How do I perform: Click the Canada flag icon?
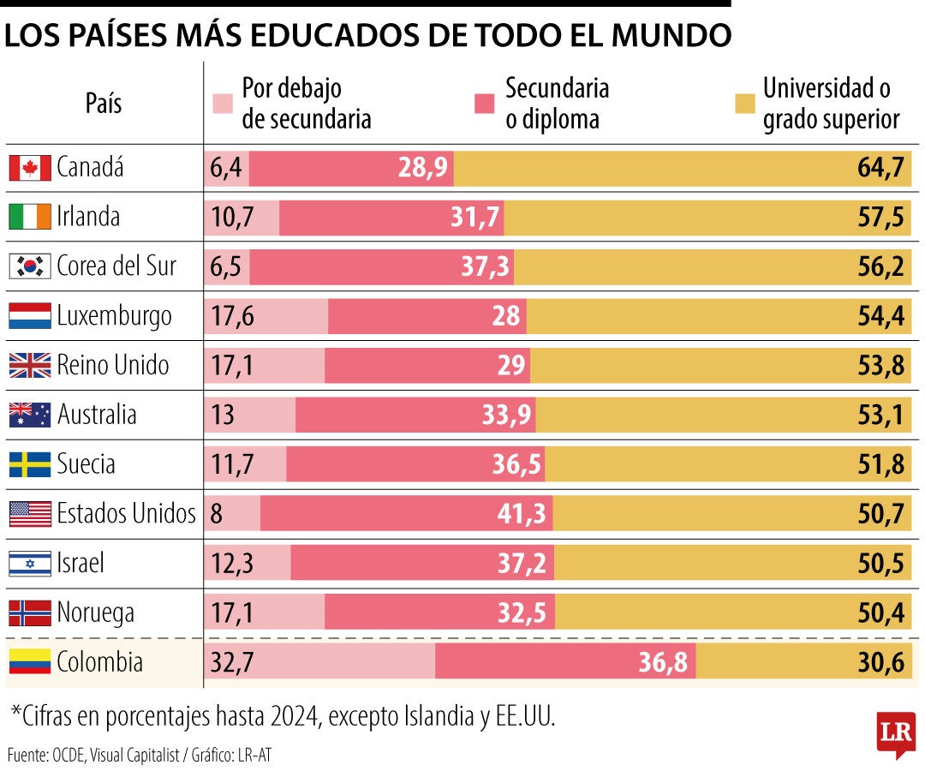click(x=30, y=168)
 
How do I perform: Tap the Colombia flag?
click(x=30, y=662)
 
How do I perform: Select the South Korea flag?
click(x=30, y=266)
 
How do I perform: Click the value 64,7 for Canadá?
click(x=880, y=168)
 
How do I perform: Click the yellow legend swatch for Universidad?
click(x=744, y=104)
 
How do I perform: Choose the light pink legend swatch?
click(x=223, y=104)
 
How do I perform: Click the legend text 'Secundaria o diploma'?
click(x=557, y=104)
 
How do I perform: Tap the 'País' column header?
click(x=104, y=104)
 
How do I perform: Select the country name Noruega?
click(x=95, y=613)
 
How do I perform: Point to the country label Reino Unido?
click(x=112, y=366)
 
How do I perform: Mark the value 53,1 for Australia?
click(x=880, y=415)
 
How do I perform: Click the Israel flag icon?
click(x=30, y=564)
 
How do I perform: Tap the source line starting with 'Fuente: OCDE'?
click(x=140, y=756)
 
